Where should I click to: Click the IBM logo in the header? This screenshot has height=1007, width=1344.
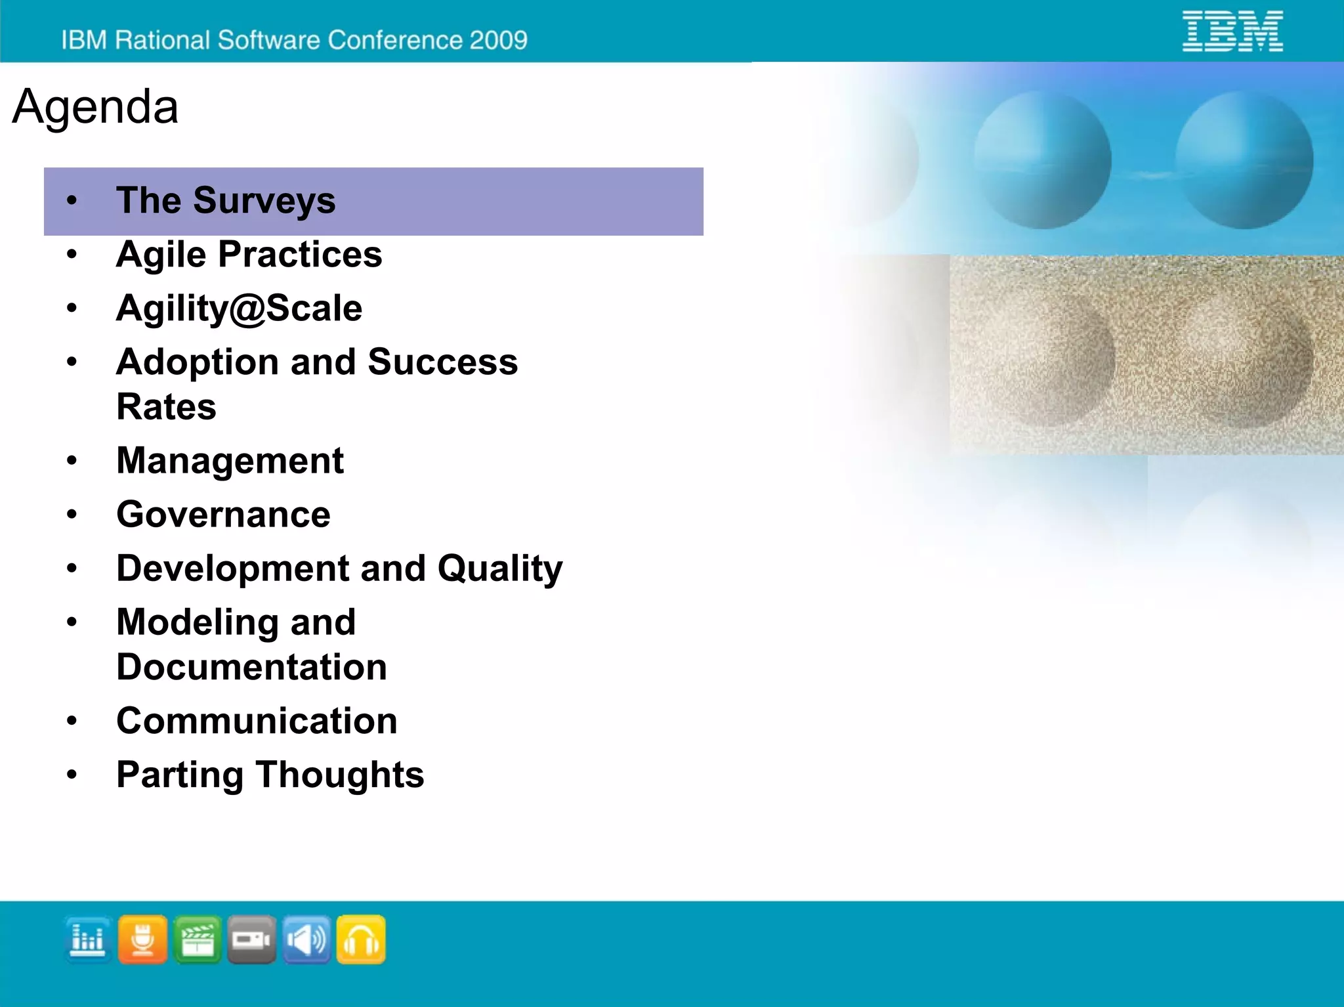(x=1232, y=31)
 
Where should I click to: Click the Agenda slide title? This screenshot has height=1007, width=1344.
(x=95, y=106)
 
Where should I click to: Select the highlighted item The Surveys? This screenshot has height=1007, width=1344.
(x=225, y=200)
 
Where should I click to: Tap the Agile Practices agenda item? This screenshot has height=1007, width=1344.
(x=249, y=254)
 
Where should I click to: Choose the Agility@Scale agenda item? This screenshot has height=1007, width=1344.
(x=239, y=308)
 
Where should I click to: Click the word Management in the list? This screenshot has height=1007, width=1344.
(x=230, y=460)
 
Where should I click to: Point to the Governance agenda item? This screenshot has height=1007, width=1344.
(x=223, y=514)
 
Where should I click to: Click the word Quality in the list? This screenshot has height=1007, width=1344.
(x=500, y=568)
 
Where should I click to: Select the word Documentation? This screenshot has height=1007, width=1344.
(x=251, y=667)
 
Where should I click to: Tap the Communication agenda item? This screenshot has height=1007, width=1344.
(x=257, y=721)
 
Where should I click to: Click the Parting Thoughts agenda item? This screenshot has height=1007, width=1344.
(x=270, y=775)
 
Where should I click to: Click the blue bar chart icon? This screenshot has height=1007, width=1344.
(x=88, y=939)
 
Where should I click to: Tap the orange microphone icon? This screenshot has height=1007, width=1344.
(x=142, y=939)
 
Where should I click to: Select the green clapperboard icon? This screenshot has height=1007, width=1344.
(x=198, y=939)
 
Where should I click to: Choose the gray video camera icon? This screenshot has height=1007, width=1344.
(x=251, y=939)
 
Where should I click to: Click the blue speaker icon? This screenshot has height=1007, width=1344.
(x=306, y=939)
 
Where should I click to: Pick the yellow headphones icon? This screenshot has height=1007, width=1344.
(x=361, y=939)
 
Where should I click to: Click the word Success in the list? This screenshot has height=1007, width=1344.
(x=442, y=362)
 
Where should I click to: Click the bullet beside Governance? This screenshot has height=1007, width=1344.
(x=72, y=514)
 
